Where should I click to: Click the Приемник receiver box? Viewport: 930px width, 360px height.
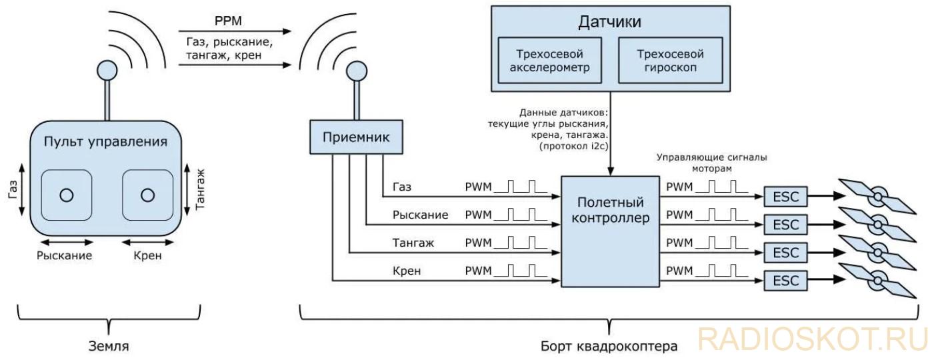[x=356, y=137]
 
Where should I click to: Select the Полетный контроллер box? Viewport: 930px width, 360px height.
[x=610, y=231]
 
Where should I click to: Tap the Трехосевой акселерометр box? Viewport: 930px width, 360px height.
[x=550, y=60]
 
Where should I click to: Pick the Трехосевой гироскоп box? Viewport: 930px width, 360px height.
[x=671, y=60]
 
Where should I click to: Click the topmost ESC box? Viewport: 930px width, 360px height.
[x=786, y=197]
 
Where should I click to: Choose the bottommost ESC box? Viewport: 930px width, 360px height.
[x=786, y=281]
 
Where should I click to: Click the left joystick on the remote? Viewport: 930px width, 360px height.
[x=67, y=195]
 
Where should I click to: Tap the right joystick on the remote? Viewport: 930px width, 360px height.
[x=147, y=195]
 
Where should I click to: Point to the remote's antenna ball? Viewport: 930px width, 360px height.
[x=107, y=71]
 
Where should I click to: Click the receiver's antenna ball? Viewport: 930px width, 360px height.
[x=357, y=71]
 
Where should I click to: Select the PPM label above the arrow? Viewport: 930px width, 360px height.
[x=228, y=21]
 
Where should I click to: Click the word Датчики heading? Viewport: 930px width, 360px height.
[x=610, y=21]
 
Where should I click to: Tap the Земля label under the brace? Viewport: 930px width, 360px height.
[x=109, y=346]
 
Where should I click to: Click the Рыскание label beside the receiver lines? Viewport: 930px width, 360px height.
[x=420, y=215]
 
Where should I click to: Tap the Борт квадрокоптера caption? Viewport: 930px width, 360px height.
[x=609, y=346]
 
